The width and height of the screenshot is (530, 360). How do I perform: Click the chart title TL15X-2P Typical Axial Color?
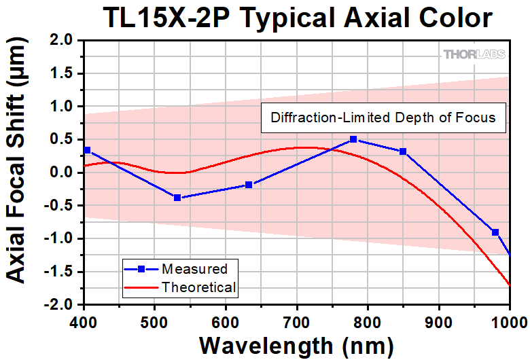298,18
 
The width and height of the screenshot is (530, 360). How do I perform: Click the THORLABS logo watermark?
475,54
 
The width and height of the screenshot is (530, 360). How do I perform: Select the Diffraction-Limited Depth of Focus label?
383,117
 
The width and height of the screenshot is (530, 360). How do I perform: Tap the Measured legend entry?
194,269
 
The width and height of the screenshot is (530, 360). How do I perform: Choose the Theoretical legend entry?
198,287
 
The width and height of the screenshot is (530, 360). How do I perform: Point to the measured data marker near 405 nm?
87,150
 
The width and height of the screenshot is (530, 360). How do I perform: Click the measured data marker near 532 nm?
177,198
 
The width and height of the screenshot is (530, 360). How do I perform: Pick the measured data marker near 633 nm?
249,185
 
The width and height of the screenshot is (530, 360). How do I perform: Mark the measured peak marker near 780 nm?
353,139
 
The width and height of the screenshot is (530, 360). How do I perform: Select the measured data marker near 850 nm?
403,151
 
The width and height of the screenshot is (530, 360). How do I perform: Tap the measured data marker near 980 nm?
495,232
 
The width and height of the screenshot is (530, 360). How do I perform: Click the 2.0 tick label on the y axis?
62,41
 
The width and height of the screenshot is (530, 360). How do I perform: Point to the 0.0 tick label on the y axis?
62,173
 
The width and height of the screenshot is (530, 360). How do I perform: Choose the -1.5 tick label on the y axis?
59,272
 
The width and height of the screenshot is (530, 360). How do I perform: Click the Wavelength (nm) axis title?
297,344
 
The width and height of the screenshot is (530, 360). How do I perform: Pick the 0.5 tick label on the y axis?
62,140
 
